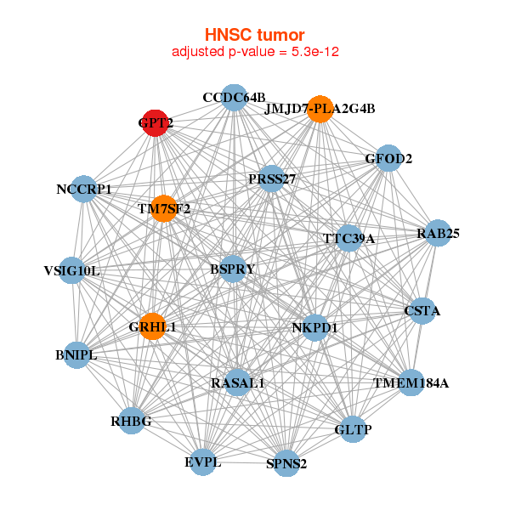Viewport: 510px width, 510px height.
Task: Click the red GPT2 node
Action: (155, 123)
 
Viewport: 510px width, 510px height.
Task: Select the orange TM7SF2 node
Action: (163, 208)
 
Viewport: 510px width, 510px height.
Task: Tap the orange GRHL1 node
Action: (152, 326)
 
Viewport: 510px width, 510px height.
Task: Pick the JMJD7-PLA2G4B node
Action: (320, 109)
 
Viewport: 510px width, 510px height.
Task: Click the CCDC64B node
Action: (234, 97)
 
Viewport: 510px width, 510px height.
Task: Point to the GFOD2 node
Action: (388, 158)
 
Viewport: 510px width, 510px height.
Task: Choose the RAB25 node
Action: (437, 234)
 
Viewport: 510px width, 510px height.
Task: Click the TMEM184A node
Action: (411, 383)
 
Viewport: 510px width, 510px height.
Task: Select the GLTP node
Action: (353, 430)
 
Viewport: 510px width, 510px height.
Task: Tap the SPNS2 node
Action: (286, 464)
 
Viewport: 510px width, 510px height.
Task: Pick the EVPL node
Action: (203, 462)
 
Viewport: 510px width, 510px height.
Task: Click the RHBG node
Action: (131, 421)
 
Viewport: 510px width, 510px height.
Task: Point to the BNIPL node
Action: (76, 355)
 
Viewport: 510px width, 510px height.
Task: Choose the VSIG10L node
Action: (72, 271)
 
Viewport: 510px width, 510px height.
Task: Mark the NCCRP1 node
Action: (84, 189)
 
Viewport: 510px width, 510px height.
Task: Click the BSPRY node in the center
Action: (233, 269)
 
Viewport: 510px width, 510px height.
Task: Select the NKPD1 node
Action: (314, 327)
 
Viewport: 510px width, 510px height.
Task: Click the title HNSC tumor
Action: (254, 35)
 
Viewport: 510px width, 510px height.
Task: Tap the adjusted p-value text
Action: (256, 52)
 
